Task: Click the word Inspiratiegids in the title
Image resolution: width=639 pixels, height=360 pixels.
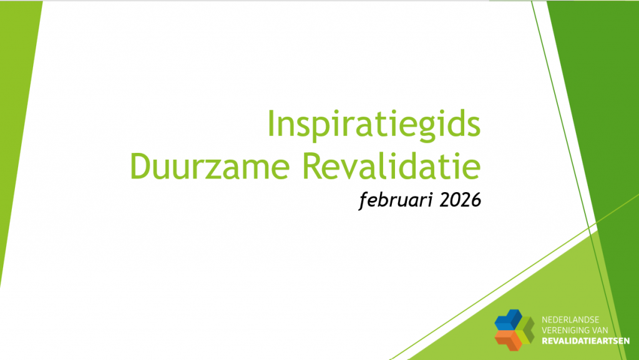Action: (x=374, y=124)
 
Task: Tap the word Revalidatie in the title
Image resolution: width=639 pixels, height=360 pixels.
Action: (x=392, y=166)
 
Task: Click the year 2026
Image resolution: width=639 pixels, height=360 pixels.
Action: (x=460, y=200)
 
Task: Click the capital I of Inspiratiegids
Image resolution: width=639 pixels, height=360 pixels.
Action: (x=271, y=124)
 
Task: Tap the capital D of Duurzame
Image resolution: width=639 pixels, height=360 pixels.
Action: (x=141, y=166)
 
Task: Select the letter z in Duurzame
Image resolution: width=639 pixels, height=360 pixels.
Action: (x=223, y=170)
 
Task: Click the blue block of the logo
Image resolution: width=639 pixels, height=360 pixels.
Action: (x=507, y=319)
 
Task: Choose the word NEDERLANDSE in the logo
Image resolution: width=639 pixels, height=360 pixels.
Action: (x=570, y=320)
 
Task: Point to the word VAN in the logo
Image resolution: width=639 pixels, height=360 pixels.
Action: (x=600, y=330)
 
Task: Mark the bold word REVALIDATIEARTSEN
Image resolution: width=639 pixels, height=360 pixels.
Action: (x=585, y=341)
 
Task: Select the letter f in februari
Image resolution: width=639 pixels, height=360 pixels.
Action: (x=364, y=200)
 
